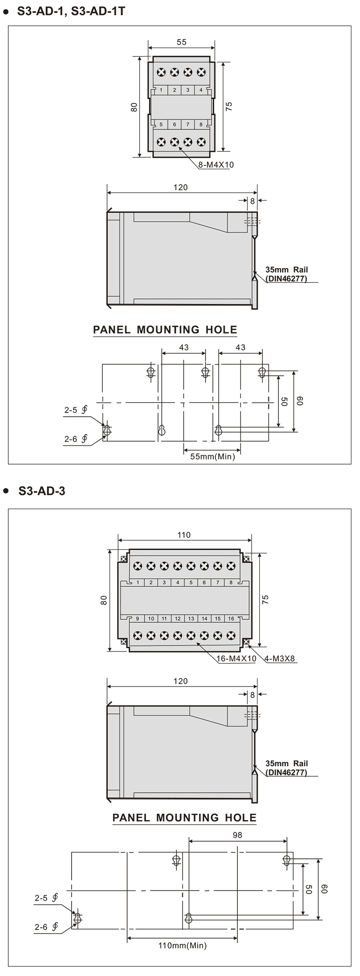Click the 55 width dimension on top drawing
click(x=181, y=42)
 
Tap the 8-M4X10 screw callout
click(x=216, y=165)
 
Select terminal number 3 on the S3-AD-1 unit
click(x=188, y=90)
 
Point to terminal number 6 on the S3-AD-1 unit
click(x=175, y=124)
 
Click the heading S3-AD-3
click(x=42, y=491)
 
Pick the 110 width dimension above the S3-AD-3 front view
click(x=184, y=535)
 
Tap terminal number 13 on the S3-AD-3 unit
click(x=191, y=619)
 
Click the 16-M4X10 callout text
click(x=237, y=659)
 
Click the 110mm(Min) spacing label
click(x=182, y=945)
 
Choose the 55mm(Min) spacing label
click(x=213, y=456)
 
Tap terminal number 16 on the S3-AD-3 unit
click(x=231, y=619)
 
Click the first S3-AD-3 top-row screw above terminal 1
click(x=138, y=566)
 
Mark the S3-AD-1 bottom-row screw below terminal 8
click(x=201, y=142)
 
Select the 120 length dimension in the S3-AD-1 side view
click(x=180, y=187)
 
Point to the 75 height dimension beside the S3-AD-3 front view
click(x=266, y=599)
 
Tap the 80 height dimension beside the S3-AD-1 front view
click(x=134, y=107)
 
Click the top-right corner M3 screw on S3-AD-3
click(x=247, y=558)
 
